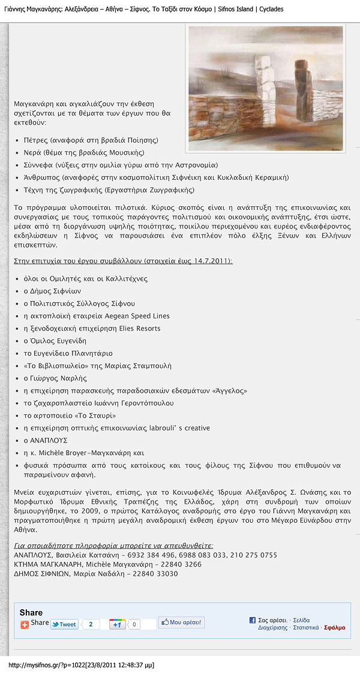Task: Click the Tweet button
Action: pyautogui.click(x=64, y=624)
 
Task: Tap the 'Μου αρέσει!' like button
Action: pyautogui.click(x=181, y=623)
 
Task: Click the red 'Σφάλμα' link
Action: pyautogui.click(x=334, y=628)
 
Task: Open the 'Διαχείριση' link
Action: pyautogui.click(x=272, y=628)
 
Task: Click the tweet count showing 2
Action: pyautogui.click(x=91, y=624)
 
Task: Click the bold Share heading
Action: pyautogui.click(x=31, y=612)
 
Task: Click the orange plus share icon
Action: pyautogui.click(x=25, y=624)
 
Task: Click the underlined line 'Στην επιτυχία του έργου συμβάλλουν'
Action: pyautogui.click(x=123, y=261)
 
